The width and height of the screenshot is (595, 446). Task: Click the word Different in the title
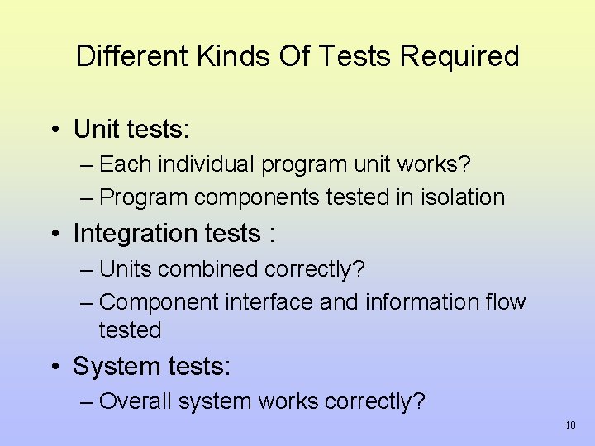(x=132, y=56)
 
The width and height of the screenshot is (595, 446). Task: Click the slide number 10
(x=570, y=425)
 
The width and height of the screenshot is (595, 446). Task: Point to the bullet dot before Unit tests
(x=52, y=130)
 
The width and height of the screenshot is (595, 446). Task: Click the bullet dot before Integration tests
(x=52, y=235)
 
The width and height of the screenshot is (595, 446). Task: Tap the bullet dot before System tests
(x=52, y=367)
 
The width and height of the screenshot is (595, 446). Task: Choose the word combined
(x=209, y=269)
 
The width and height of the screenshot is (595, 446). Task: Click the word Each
(x=125, y=164)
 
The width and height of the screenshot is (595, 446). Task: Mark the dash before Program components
(x=88, y=198)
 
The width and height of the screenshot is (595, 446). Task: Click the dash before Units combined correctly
(x=88, y=270)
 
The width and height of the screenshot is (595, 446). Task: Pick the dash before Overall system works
(x=88, y=402)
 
